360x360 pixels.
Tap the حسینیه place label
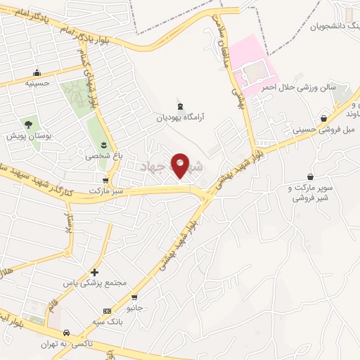pos(37,83)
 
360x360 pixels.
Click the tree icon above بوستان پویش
pos(30,123)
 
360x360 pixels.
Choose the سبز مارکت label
pos(106,191)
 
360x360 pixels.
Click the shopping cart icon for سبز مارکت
pos(105,179)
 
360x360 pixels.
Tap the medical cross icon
pos(95,272)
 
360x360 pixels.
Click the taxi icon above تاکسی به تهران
pos(66,333)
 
